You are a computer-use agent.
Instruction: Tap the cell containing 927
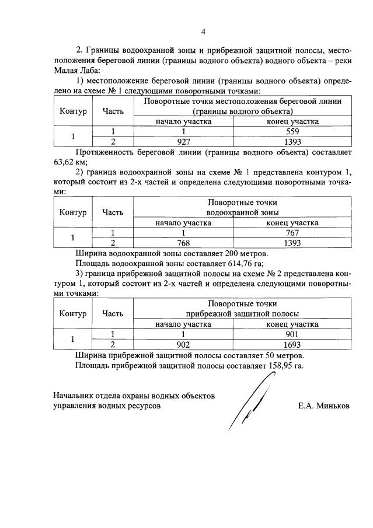[183, 141]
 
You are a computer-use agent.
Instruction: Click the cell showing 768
[183, 243]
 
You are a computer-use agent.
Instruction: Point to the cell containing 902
[183, 344]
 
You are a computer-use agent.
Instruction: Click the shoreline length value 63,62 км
[65, 162]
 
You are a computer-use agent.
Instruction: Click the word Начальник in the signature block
[73, 396]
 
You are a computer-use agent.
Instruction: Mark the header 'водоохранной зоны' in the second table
[242, 212]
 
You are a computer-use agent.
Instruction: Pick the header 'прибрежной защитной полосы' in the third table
[242, 314]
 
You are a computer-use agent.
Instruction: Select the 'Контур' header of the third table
[73, 314]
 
